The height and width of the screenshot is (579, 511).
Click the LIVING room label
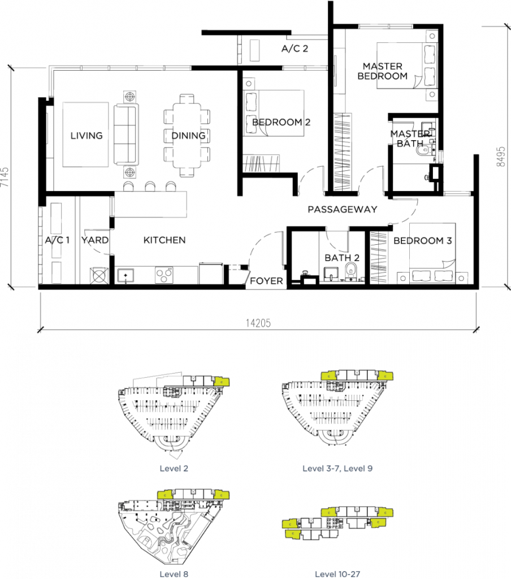click(x=86, y=136)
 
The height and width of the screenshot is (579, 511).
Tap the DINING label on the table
click(x=188, y=136)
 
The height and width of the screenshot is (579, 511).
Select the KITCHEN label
click(x=164, y=240)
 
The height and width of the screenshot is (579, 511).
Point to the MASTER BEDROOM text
click(x=382, y=71)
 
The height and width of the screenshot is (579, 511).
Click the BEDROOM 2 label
click(x=281, y=122)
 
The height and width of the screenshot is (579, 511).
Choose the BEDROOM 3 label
click(x=422, y=241)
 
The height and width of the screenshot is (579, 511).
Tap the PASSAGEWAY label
click(x=342, y=210)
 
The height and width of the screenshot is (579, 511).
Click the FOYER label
click(x=266, y=281)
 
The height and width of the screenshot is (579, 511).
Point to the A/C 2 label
click(x=295, y=49)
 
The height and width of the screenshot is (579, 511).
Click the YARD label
click(x=94, y=240)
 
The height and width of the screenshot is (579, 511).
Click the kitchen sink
click(x=125, y=276)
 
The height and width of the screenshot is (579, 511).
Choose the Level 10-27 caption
click(x=337, y=574)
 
